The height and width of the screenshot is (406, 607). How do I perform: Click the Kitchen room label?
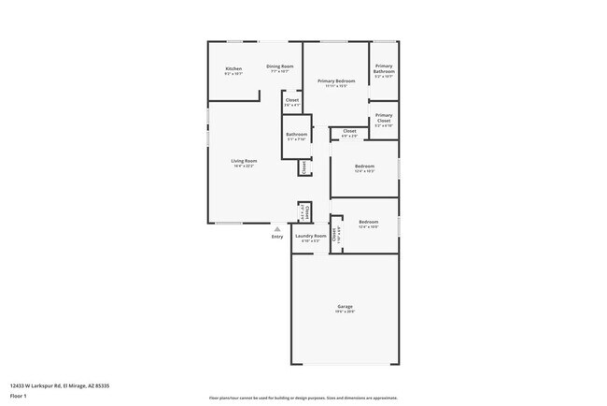coord(233,69)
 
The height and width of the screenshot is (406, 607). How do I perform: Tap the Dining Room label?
coord(279,66)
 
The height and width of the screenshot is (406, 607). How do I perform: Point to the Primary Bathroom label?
coord(384,68)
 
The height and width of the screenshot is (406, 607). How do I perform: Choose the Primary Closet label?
coord(384,116)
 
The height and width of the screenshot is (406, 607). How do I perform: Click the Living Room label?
coord(245,161)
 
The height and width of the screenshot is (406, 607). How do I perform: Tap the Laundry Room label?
coord(311,236)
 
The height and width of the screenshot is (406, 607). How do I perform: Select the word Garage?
coord(345,306)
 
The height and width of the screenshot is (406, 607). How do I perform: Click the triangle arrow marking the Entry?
coord(276,228)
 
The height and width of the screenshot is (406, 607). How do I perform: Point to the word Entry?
coord(277,237)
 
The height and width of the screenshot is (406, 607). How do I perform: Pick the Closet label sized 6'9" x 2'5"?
coord(349,131)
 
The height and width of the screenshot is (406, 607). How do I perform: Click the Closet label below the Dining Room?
coord(292,99)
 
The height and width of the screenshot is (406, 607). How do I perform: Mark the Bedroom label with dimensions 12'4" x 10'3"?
coord(365,171)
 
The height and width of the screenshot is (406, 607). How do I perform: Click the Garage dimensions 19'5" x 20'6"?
coord(345,312)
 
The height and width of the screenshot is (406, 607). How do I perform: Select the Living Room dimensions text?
coord(245,167)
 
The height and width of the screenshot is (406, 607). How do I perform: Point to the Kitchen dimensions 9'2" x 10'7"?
coord(233,74)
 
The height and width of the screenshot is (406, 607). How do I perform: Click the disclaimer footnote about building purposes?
coord(303,396)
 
